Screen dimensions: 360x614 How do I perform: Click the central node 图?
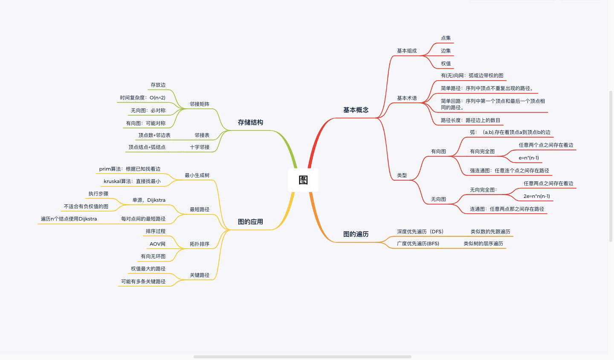click(x=303, y=180)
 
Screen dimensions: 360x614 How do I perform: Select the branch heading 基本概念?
click(x=356, y=110)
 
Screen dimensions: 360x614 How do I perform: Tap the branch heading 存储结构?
click(x=250, y=122)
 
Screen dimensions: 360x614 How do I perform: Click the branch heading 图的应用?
click(x=250, y=222)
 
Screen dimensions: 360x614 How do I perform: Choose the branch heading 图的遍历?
click(x=356, y=234)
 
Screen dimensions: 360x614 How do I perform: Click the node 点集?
click(x=446, y=38)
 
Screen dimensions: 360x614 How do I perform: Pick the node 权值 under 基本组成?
click(x=446, y=64)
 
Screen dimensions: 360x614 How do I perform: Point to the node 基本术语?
click(x=407, y=98)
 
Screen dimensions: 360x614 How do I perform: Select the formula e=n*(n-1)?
click(x=529, y=158)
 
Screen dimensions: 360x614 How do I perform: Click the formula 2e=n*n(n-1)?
click(x=536, y=196)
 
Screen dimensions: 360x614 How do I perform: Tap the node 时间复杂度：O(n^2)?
click(x=142, y=98)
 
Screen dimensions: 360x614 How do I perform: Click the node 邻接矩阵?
click(x=200, y=104)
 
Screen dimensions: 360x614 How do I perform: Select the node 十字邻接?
click(x=200, y=147)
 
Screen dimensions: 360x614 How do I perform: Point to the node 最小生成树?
click(x=197, y=175)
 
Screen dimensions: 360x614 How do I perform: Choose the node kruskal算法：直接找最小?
click(x=132, y=181)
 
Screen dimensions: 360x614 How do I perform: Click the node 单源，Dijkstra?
click(x=149, y=200)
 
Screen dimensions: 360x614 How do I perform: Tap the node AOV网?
click(x=157, y=244)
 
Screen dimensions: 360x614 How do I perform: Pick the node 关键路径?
click(x=200, y=275)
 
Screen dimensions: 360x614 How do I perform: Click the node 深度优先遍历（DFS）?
click(x=420, y=232)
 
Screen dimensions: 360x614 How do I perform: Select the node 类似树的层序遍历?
click(x=483, y=244)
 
